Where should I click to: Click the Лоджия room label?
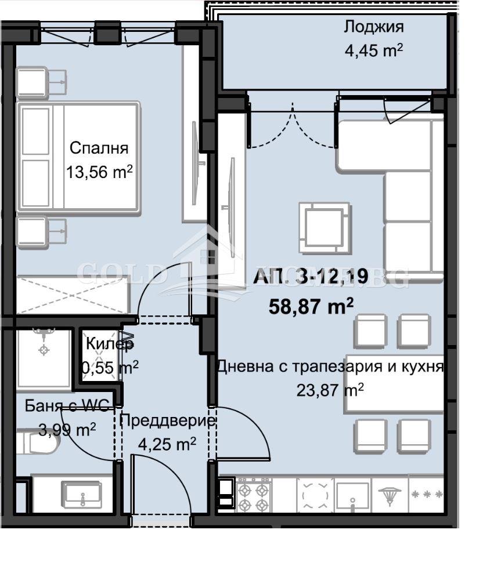click(x=373, y=27)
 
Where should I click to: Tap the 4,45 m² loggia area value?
click(x=373, y=50)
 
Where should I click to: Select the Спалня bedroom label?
click(x=99, y=147)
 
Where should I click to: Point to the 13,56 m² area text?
click(x=99, y=172)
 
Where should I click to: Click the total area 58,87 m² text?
click(x=311, y=306)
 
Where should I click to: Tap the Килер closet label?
click(x=110, y=344)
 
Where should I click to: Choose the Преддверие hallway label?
click(x=168, y=420)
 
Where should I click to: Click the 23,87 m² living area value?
click(x=330, y=390)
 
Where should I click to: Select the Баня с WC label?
click(x=67, y=406)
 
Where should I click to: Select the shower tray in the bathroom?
click(x=43, y=358)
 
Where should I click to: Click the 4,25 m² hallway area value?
click(x=167, y=444)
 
